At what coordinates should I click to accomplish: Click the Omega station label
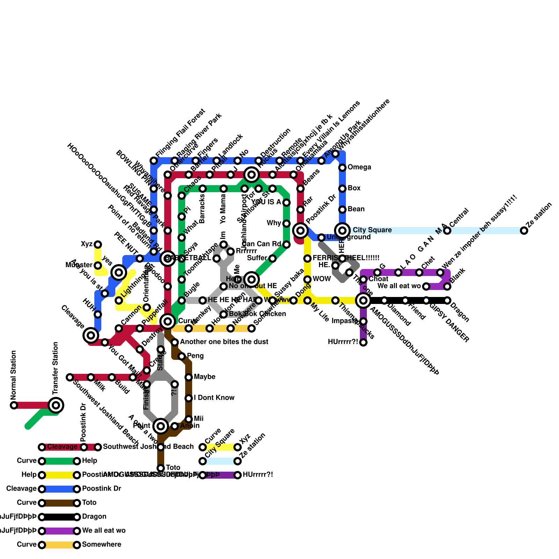(359, 167)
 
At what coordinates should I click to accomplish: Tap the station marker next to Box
(342, 189)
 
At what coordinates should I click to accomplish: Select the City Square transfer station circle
(342, 230)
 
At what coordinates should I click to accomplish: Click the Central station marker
(447, 231)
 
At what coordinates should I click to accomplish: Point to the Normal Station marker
(14, 405)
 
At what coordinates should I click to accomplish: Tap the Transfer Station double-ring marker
(56, 405)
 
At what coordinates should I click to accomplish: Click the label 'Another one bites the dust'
(224, 342)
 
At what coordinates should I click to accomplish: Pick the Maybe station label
(204, 377)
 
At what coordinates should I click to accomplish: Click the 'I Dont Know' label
(214, 398)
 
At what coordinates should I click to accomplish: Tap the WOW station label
(321, 279)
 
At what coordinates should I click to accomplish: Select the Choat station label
(378, 279)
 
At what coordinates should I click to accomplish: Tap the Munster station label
(79, 265)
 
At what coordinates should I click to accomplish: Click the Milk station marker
(91, 377)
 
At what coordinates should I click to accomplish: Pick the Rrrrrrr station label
(246, 251)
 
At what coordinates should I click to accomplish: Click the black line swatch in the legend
(59, 517)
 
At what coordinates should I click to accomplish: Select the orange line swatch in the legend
(59, 545)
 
